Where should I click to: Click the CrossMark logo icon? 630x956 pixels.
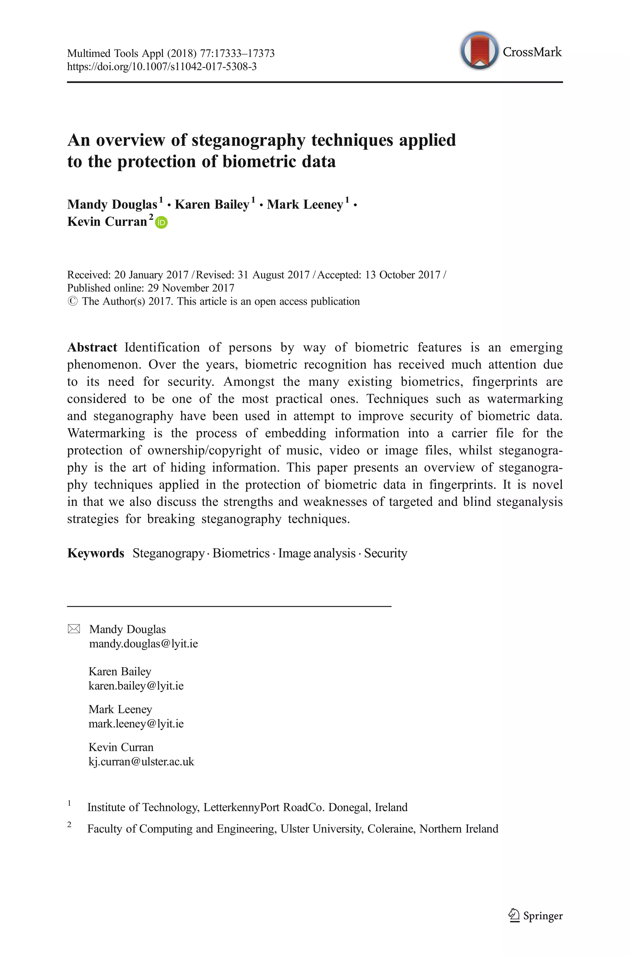479,51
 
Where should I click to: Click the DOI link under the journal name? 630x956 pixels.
161,66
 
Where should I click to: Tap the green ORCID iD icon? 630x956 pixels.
161,222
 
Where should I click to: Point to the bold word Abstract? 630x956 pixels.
92,347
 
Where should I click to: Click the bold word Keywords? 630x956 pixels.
96,553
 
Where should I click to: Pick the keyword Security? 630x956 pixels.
385,553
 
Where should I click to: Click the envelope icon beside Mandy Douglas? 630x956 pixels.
74,629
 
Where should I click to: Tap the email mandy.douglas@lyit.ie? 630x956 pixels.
143,643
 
